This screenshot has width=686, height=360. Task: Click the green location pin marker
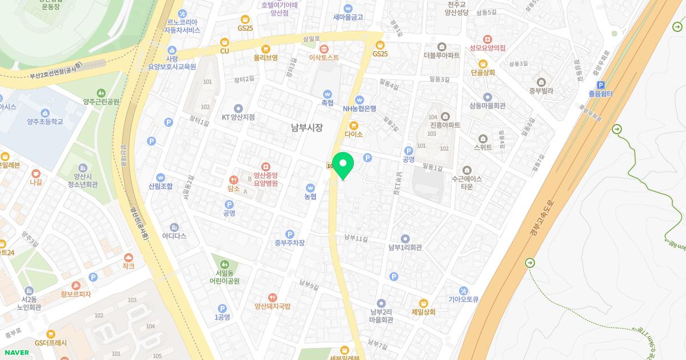343,164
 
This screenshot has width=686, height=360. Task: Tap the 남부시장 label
306,128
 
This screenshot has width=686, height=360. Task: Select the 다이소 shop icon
354,125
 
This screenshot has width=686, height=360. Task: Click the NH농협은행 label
360,109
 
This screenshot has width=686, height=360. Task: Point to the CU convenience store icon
225,42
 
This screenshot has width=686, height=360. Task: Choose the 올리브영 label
266,58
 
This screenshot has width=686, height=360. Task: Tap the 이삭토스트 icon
324,49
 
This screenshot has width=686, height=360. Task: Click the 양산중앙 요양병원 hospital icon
266,167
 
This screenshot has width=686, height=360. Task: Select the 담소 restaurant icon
233,179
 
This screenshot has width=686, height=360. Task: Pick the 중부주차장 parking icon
290,234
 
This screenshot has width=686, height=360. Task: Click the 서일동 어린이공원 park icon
224,264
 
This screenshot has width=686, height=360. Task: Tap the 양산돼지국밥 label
272,306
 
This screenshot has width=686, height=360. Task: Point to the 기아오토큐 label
463,299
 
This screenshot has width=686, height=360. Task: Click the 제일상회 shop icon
424,303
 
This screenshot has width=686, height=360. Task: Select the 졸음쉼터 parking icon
601,85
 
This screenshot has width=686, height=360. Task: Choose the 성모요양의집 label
488,48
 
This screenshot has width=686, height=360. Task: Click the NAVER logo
16,353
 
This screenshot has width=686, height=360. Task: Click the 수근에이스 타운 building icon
466,170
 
